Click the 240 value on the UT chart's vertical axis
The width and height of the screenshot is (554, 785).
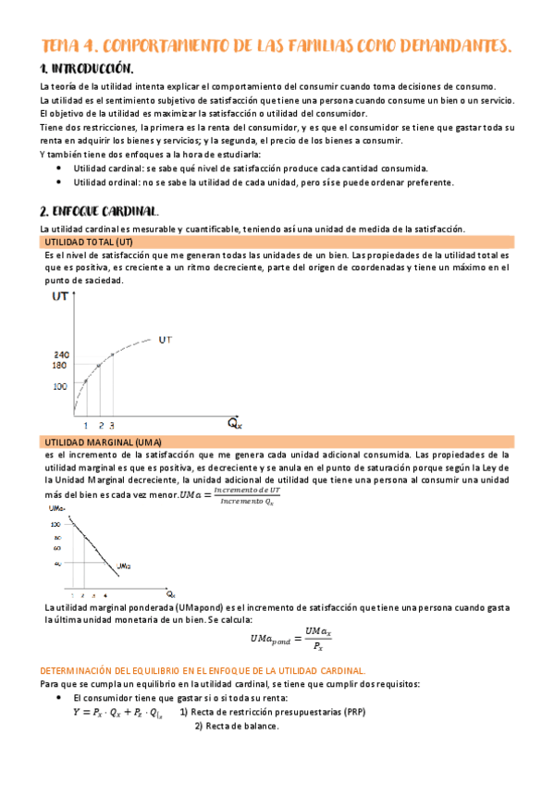point(61,355)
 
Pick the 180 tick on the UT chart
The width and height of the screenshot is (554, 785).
point(61,366)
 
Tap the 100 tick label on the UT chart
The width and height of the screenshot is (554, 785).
point(61,386)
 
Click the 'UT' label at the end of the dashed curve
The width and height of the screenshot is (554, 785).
point(166,340)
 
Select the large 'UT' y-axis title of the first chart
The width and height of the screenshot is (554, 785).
point(62,296)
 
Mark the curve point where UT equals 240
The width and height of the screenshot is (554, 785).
point(112,355)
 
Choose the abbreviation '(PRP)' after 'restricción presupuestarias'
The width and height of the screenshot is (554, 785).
point(351,713)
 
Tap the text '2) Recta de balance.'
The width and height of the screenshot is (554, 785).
point(236,726)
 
